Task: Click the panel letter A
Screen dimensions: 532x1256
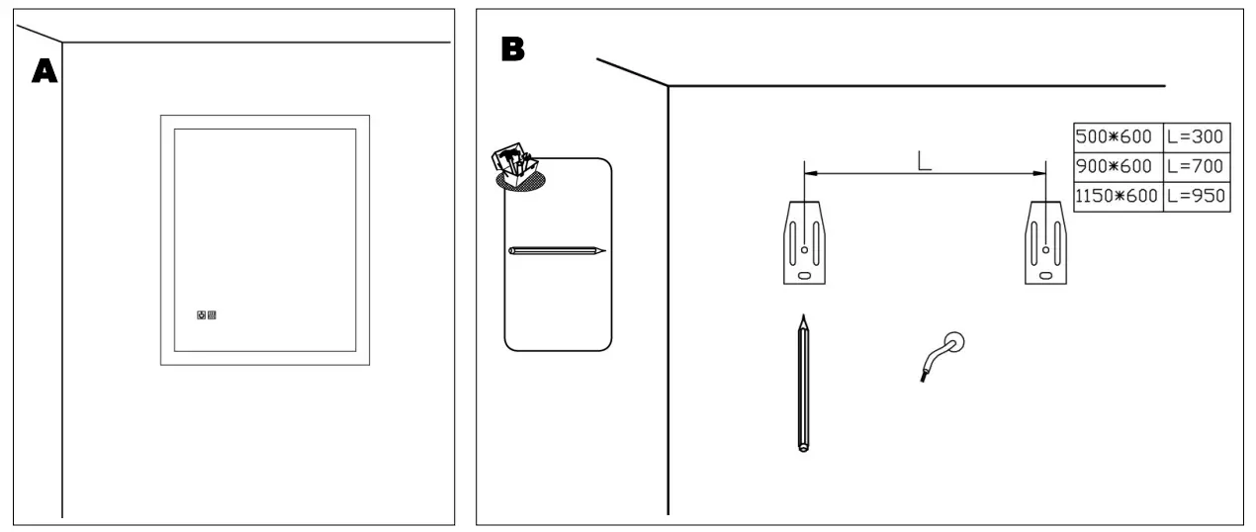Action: (43, 71)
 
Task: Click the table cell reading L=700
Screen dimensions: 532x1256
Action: (1197, 166)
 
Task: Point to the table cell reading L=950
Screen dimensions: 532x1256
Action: (1197, 196)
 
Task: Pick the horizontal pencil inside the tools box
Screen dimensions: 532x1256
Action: (556, 251)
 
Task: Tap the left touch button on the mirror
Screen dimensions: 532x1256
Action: (202, 316)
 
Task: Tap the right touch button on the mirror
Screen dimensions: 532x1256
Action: (213, 316)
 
